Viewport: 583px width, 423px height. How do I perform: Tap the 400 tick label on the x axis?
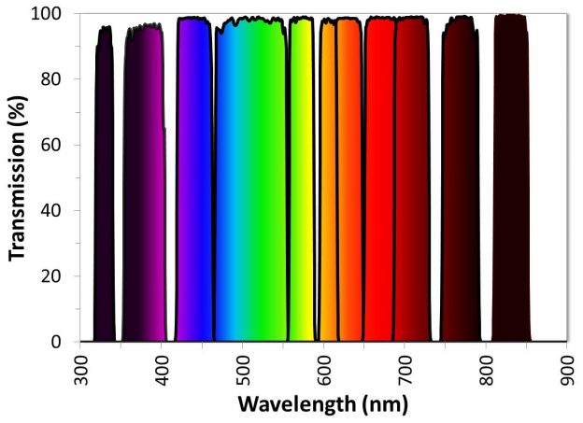tap(161, 368)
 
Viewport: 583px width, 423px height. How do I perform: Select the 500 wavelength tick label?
tap(242, 368)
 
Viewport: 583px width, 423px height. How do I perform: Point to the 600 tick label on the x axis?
tap(323, 368)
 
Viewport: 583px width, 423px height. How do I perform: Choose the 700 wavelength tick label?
tap(405, 368)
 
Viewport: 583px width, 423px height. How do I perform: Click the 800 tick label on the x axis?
tap(486, 368)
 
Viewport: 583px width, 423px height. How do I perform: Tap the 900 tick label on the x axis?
tap(567, 368)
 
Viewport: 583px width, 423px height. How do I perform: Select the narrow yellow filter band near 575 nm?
tap(301, 187)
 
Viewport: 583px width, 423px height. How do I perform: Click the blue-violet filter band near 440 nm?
tap(193, 187)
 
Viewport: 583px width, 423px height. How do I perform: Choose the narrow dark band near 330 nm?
tap(104, 187)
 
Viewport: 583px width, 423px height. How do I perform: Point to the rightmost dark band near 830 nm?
tap(510, 187)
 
